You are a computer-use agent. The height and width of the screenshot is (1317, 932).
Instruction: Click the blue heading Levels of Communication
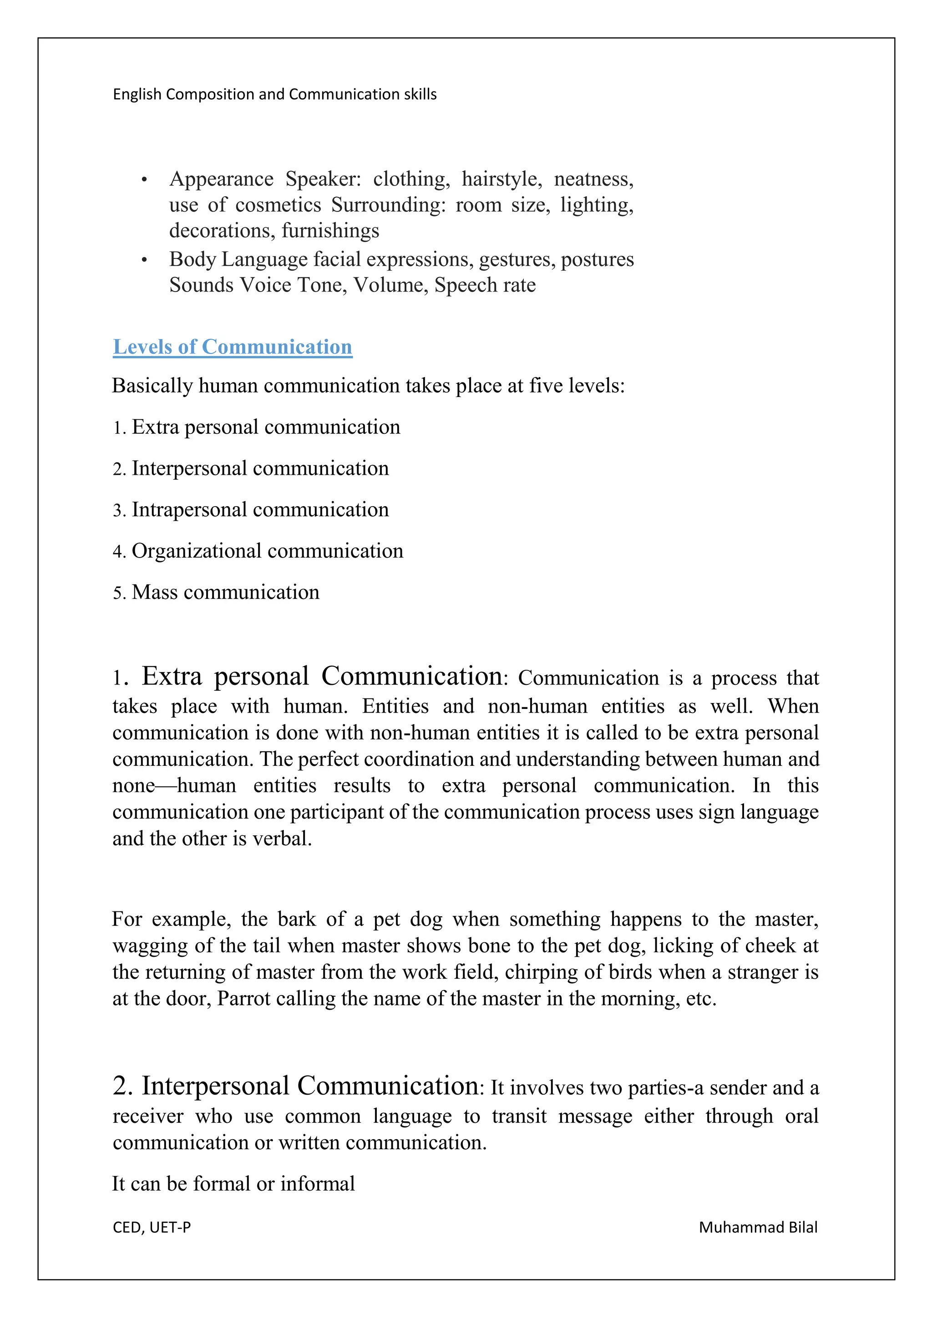pos(233,347)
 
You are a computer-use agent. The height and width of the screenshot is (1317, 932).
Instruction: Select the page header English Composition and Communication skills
pos(274,94)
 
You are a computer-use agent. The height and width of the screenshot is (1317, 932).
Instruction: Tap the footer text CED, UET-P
pos(152,1227)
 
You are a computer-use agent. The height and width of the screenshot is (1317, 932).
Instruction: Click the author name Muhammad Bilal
pos(758,1227)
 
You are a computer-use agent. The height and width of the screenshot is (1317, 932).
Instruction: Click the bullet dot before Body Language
pos(145,261)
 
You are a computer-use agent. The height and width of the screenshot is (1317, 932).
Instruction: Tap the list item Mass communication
pos(225,593)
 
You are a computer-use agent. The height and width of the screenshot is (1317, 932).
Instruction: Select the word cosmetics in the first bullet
pos(279,205)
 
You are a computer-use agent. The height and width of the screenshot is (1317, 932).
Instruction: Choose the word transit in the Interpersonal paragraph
pos(519,1116)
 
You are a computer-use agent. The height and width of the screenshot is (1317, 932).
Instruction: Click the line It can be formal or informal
pos(233,1183)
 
